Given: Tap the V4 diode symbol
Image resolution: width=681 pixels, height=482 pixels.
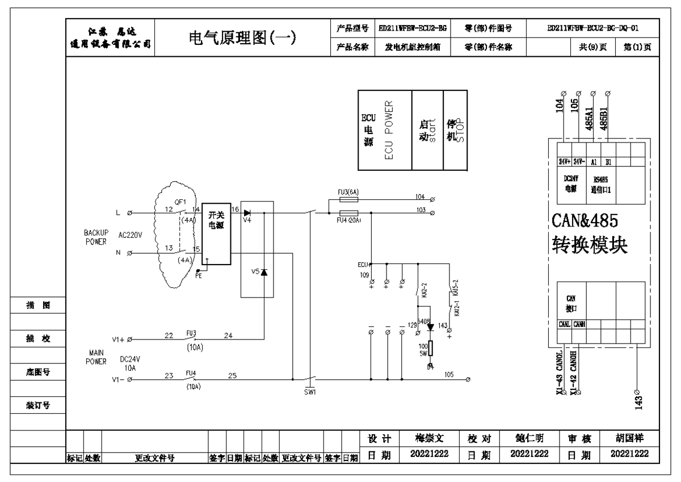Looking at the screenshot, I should point(247,213).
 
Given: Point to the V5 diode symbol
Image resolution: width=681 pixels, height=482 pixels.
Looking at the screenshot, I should point(263,272).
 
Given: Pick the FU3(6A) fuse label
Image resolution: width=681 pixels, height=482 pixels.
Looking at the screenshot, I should point(347,193).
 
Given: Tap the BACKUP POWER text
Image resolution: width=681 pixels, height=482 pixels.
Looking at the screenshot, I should point(96,237).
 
